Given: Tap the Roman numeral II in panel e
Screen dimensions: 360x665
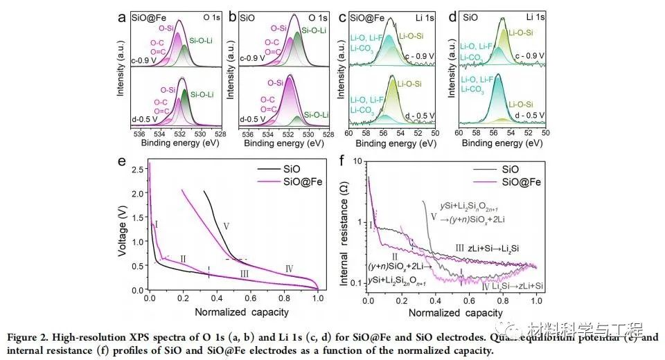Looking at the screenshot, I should tap(183, 259).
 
